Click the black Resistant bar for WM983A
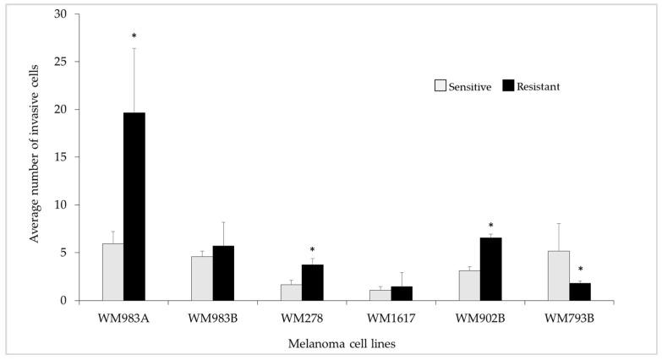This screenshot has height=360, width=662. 134,206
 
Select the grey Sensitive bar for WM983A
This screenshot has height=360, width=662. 112,272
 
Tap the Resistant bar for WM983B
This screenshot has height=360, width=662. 223,273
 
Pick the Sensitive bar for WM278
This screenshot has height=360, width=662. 291,292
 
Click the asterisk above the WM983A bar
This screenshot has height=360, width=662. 134,36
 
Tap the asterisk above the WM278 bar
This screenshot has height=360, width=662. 313,250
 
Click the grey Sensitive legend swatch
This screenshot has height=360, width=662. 440,85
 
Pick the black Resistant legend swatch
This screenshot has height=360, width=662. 508,85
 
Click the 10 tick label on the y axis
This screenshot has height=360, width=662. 65,205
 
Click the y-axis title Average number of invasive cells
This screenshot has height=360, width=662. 35,157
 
